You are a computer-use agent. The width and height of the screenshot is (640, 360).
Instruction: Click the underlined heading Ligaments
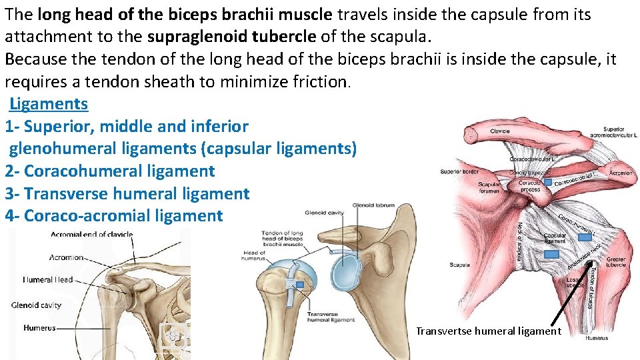pyautogui.click(x=49, y=104)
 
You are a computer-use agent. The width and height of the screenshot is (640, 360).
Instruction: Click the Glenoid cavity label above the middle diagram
pyautogui.click(x=324, y=213)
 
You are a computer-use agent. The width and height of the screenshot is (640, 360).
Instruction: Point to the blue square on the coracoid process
pyautogui.click(x=547, y=181)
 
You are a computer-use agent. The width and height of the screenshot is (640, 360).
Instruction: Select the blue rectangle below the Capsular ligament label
pyautogui.click(x=551, y=253)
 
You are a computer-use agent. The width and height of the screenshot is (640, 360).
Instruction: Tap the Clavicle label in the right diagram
pyautogui.click(x=499, y=131)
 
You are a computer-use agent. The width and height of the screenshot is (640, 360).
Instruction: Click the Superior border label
pyautogui.click(x=459, y=171)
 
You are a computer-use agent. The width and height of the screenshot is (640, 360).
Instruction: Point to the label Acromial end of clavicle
pyautogui.click(x=92, y=235)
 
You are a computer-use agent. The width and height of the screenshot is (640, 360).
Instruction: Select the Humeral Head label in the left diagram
pyautogui.click(x=48, y=280)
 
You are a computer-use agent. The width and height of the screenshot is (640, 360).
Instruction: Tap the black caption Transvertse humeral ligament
pyautogui.click(x=489, y=331)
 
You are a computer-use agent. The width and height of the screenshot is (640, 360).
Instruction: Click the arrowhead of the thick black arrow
pyautogui.click(x=589, y=264)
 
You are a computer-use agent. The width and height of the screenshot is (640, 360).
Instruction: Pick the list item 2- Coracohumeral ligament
pyautogui.click(x=110, y=171)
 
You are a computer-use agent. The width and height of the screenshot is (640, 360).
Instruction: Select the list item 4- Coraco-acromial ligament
pyautogui.click(x=114, y=216)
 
